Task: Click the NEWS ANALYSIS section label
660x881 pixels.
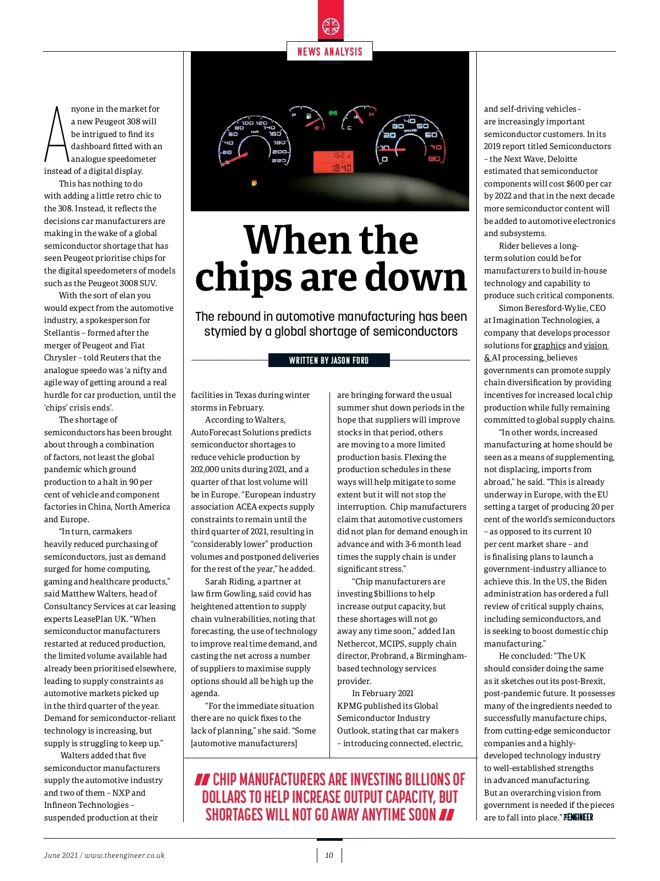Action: pos(329,52)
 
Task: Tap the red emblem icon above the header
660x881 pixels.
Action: pos(331,26)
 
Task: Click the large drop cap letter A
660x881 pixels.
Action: pos(56,135)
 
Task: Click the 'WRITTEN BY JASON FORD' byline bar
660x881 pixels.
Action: pos(329,360)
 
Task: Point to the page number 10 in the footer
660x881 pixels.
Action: pos(329,855)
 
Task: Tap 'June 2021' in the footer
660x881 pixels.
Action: pos(61,855)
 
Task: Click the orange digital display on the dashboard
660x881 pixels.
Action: pos(333,161)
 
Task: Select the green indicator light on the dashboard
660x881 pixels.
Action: pos(332,113)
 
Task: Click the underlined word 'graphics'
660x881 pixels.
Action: pos(549,346)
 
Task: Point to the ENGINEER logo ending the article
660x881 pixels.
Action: pos(578,818)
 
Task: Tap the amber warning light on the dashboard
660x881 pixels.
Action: pos(254,182)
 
